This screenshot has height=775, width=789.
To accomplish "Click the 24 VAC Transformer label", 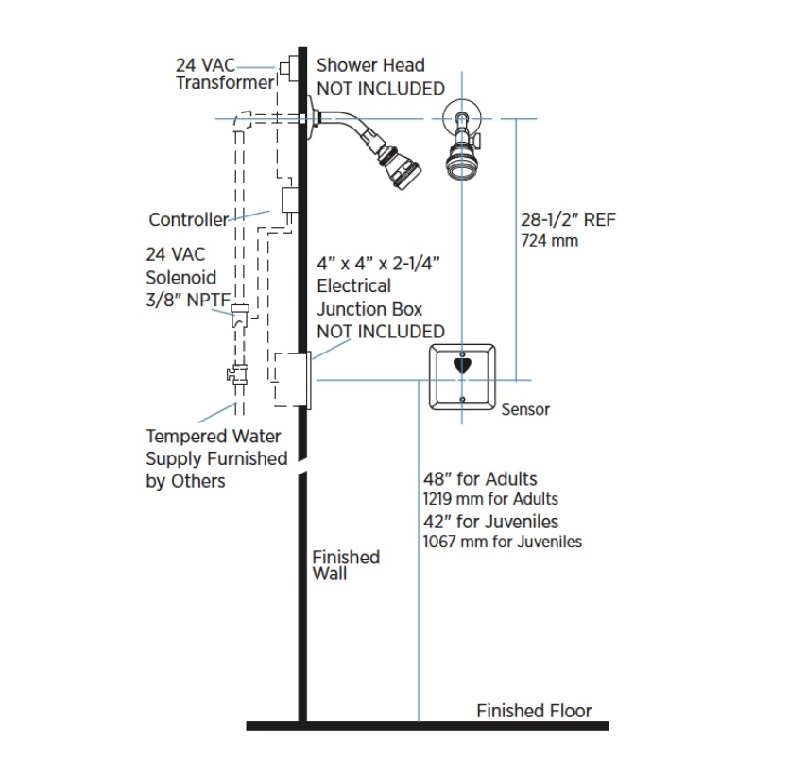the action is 225,74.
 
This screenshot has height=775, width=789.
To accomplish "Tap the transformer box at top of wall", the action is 289,67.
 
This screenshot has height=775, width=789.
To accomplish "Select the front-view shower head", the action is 462,146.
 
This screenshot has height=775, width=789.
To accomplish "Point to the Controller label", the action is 189,219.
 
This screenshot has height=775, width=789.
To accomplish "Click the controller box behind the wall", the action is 289,200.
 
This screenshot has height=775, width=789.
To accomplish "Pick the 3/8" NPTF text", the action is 188,300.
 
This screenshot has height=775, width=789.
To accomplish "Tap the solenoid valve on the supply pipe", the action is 239,316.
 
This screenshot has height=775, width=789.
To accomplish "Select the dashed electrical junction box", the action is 291,379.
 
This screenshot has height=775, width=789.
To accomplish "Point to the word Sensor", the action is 525,409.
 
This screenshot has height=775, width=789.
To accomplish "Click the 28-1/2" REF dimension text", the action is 568,219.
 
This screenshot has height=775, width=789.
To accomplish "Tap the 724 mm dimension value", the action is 550,241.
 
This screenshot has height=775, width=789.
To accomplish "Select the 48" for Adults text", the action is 480,478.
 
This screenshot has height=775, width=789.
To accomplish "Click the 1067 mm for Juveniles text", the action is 502,542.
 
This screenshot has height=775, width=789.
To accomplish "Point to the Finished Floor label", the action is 534,711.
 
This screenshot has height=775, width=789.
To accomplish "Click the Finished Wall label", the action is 346,565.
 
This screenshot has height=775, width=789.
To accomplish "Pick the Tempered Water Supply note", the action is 216,458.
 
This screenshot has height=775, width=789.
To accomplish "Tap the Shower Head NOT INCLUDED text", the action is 381,77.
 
